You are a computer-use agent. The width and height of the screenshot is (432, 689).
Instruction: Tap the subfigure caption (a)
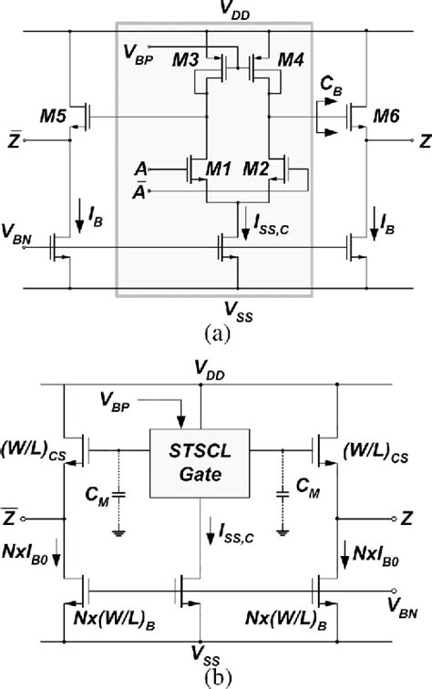point(216,334)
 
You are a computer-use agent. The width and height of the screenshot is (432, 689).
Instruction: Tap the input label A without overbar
point(138,170)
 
